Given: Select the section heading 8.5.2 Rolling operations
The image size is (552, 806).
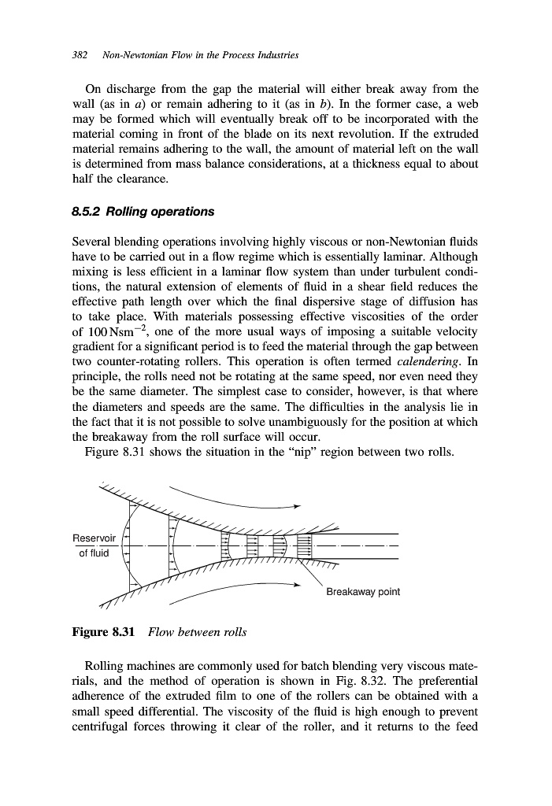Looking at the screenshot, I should tap(143, 212).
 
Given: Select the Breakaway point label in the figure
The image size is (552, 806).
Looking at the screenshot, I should tap(363, 592).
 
